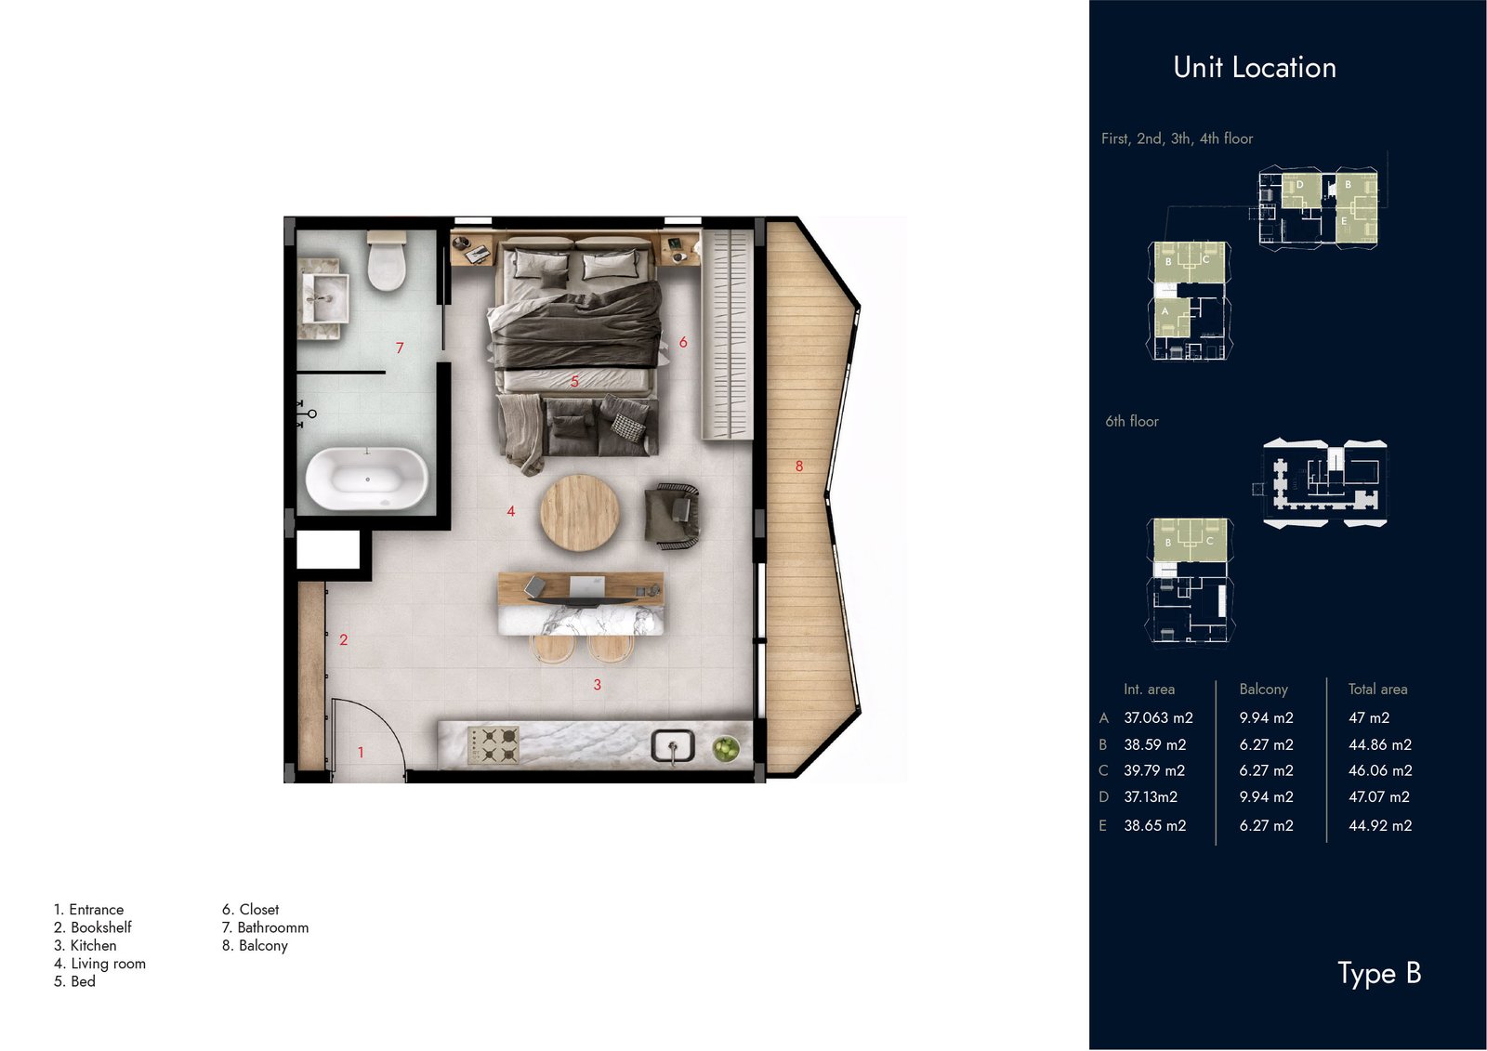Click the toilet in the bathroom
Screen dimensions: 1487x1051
[387, 260]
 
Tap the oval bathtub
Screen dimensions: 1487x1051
[366, 480]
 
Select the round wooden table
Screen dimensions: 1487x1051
[580, 513]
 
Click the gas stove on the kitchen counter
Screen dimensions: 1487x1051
[493, 744]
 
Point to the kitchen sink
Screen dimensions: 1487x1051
[673, 746]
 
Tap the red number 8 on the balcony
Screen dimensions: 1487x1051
[799, 466]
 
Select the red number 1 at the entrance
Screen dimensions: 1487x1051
[361, 752]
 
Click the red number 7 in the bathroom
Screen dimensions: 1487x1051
[400, 348]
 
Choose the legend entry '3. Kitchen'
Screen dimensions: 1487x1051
[85, 945]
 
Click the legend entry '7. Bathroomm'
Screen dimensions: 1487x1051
[266, 927]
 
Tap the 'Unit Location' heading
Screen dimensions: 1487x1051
[1255, 68]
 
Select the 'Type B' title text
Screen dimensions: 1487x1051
[1379, 973]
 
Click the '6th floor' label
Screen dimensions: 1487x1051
[1132, 421]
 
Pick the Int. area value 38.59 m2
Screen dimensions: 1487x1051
[1155, 745]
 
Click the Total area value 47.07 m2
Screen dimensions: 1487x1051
[1379, 796]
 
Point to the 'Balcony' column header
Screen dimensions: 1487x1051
[1263, 690]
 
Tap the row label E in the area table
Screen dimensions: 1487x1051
[1102, 825]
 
